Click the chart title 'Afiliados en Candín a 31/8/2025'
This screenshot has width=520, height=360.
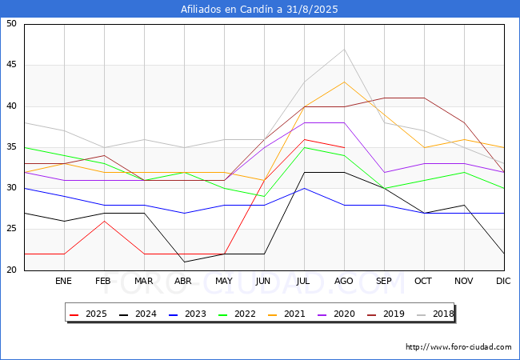(x=260, y=10)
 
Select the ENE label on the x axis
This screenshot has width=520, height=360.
(x=64, y=282)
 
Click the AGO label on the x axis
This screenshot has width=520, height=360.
(x=344, y=282)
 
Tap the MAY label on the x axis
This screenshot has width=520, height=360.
(x=224, y=282)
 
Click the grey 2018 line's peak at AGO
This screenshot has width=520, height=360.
(x=344, y=49)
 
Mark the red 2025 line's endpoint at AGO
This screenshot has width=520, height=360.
(x=344, y=147)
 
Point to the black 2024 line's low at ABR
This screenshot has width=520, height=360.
(x=184, y=262)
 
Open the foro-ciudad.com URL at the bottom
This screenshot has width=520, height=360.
(x=458, y=347)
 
